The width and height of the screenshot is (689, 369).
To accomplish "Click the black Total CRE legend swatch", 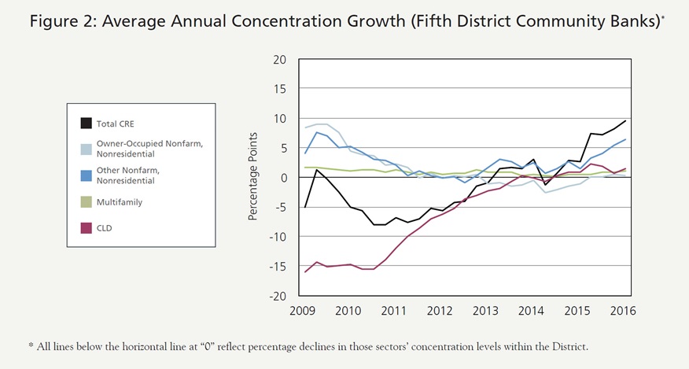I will coord(86,122).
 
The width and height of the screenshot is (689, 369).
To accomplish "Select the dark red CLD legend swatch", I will coord(86,229).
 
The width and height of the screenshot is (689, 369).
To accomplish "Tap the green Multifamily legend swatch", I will coord(86,202).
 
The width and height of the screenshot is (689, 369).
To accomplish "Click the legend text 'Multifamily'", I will coord(120,202).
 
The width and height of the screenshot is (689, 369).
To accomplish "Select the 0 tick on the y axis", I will coord(283,178).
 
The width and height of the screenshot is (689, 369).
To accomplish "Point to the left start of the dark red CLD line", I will coord(304,272).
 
